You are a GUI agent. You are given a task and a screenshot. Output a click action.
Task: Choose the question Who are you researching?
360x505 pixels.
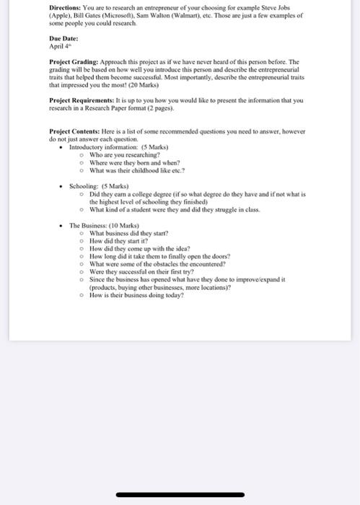point(124,154)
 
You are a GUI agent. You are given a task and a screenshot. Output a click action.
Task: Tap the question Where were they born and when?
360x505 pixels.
point(134,162)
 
